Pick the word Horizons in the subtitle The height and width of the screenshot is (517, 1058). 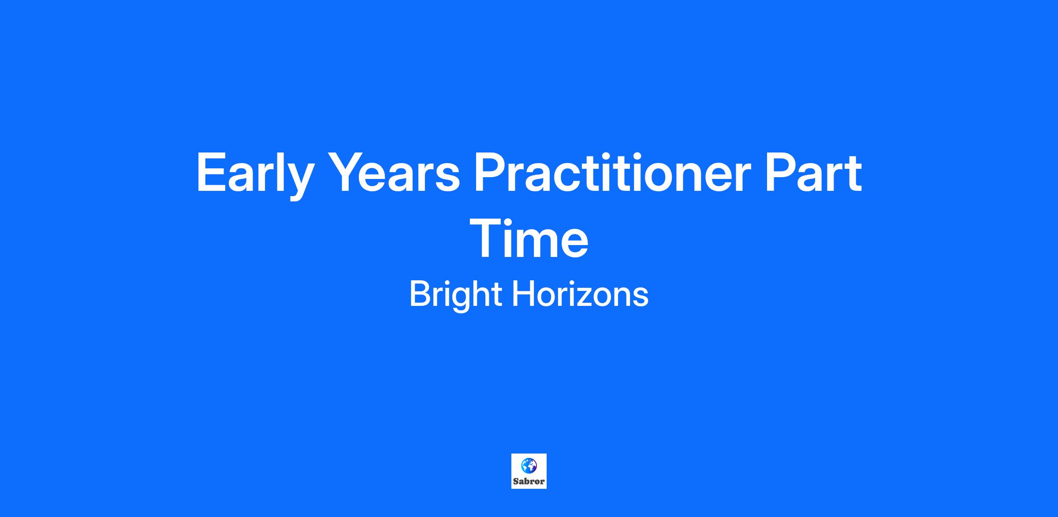pos(580,294)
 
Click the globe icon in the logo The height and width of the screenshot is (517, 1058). pos(529,465)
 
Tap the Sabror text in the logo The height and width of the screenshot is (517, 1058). pos(529,481)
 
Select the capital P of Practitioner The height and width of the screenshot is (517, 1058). pos(490,172)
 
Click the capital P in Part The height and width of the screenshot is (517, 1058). pos(782,172)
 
